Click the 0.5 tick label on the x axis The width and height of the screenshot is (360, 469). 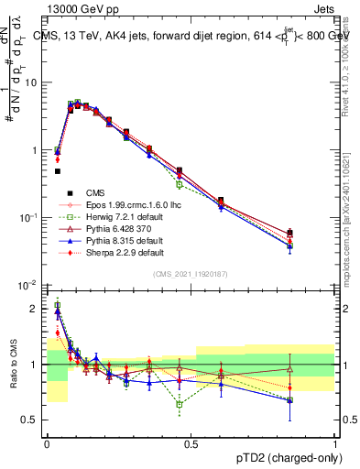191,444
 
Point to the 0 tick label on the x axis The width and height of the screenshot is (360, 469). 47,444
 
